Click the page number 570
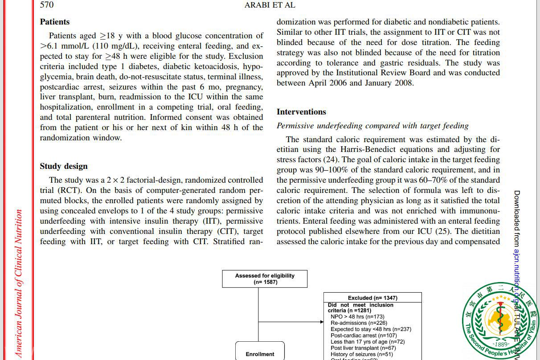click(47, 5)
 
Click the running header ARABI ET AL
click(270, 5)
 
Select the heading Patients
click(55, 21)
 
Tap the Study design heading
click(64, 166)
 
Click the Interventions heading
click(301, 112)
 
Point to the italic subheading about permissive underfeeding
click(372, 126)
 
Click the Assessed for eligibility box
click(265, 278)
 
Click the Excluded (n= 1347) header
click(372, 298)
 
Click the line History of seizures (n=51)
click(362, 354)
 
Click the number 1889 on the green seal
click(501, 344)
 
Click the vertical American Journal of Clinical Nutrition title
click(18, 283)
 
